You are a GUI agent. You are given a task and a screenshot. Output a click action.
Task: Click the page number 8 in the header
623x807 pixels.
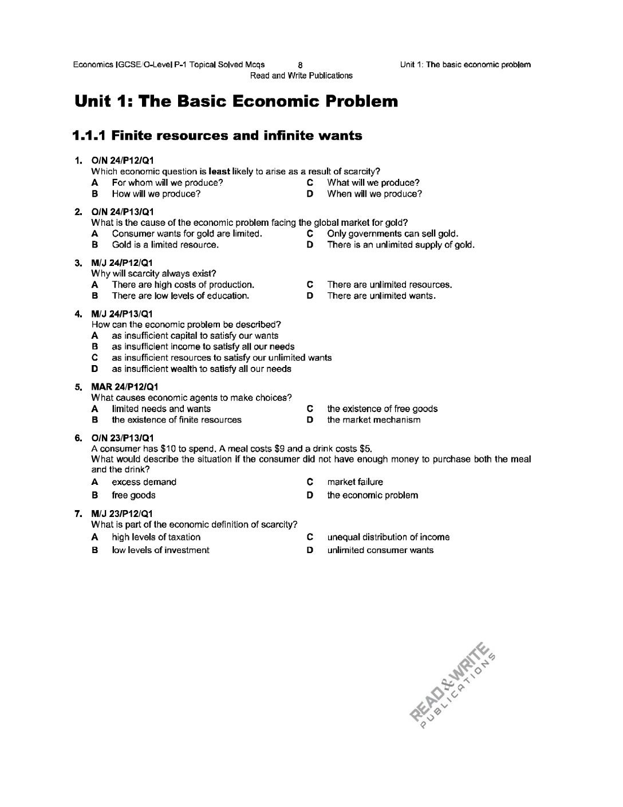(x=301, y=65)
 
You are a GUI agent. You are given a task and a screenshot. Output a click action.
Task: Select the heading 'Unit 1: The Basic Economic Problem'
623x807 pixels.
(x=236, y=102)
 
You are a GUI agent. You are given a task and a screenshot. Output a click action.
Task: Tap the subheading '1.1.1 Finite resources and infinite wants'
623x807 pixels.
(x=218, y=136)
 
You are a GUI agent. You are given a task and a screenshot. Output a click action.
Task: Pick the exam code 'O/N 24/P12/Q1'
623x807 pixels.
(x=122, y=160)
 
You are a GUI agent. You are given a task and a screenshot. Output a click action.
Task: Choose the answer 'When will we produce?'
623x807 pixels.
(x=374, y=194)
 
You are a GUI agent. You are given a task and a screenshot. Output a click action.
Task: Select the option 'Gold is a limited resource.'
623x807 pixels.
(x=165, y=245)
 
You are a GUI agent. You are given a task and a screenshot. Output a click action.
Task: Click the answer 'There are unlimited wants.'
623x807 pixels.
(x=381, y=296)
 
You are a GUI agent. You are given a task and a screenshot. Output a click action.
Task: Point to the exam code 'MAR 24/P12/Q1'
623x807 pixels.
(x=125, y=387)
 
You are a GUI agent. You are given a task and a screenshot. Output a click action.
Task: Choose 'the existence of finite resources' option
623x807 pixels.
(x=176, y=420)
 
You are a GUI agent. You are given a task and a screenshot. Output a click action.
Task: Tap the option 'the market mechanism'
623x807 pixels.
(x=373, y=420)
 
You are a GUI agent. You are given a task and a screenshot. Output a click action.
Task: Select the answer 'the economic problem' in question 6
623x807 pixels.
(x=372, y=495)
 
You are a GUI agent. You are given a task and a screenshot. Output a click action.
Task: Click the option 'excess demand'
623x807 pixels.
(x=144, y=482)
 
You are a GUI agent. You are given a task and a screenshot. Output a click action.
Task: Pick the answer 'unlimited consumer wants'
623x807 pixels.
(x=380, y=550)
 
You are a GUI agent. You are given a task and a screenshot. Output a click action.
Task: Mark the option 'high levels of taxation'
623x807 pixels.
(x=156, y=537)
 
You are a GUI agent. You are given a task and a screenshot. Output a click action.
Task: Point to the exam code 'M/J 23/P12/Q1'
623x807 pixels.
(x=122, y=514)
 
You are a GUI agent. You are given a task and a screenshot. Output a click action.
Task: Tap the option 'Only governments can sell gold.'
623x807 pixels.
(x=392, y=233)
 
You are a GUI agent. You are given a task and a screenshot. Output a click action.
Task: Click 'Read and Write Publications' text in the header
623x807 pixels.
(x=301, y=76)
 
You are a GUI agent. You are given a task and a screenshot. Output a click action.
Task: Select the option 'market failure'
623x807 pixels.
(x=355, y=482)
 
